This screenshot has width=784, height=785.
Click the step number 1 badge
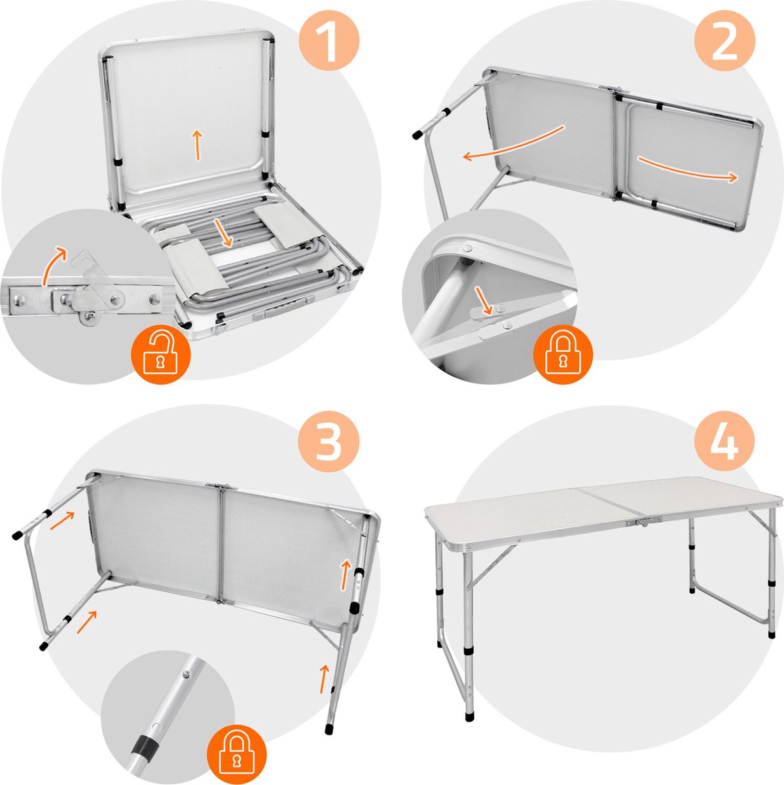click(330, 44)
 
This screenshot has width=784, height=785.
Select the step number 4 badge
click(724, 440)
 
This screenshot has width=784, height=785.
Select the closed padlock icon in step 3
click(237, 746)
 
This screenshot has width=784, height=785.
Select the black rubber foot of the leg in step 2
click(416, 135)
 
